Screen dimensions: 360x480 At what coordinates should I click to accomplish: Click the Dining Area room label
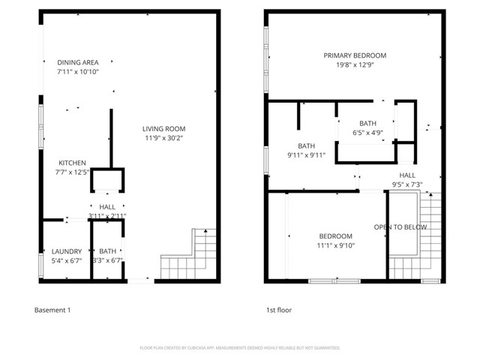pyautogui.click(x=78, y=62)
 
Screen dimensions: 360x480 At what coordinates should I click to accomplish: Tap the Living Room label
pyautogui.click(x=165, y=128)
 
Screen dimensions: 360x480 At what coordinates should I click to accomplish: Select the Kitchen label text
pyautogui.click(x=73, y=163)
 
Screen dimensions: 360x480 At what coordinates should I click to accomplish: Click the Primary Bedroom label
pyautogui.click(x=355, y=55)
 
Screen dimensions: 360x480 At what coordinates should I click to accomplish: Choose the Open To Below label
pyautogui.click(x=401, y=226)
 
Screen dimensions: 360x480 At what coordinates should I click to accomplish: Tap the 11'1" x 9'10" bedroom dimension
pyautogui.click(x=334, y=245)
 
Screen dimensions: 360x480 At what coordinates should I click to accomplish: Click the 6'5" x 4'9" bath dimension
pyautogui.click(x=367, y=133)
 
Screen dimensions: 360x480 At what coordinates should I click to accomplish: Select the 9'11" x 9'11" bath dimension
pyautogui.click(x=306, y=155)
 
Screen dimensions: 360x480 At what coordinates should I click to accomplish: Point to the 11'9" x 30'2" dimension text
pyautogui.click(x=165, y=138)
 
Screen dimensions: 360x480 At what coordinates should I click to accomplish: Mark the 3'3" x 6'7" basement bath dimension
pyautogui.click(x=107, y=261)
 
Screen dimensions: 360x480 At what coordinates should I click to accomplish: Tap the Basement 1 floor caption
pyautogui.click(x=53, y=309)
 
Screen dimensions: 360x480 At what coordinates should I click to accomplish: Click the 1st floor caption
pyautogui.click(x=279, y=309)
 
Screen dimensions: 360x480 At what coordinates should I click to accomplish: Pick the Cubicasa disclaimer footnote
pyautogui.click(x=240, y=348)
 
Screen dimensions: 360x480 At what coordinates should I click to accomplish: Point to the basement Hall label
pyautogui.click(x=107, y=206)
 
